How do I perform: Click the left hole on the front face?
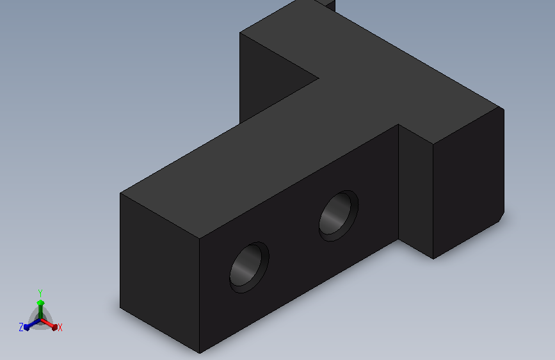pyautogui.click(x=249, y=267)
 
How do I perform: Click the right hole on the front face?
pyautogui.click(x=339, y=216)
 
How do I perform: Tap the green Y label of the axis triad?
pyautogui.click(x=40, y=293)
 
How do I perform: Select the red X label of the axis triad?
pyautogui.click(x=60, y=328)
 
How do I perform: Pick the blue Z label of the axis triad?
pyautogui.click(x=21, y=327)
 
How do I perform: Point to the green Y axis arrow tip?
pyautogui.click(x=40, y=302)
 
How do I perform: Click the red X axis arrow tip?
pyautogui.click(x=54, y=327)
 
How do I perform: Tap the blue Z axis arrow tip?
pyautogui.click(x=26, y=328)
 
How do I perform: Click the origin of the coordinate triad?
pyautogui.click(x=40, y=320)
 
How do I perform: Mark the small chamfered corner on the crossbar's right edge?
pyautogui.click(x=502, y=217)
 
